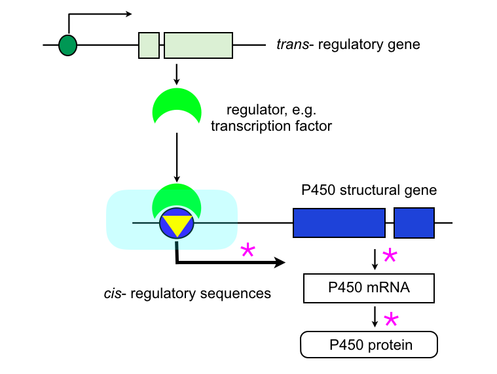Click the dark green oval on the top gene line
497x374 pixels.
(67, 45)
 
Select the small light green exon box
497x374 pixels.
(149, 45)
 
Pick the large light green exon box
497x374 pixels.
(198, 45)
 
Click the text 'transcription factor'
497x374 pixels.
(271, 125)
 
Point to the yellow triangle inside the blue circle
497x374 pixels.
(176, 224)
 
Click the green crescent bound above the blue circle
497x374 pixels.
(176, 201)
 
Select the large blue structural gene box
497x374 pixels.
(339, 223)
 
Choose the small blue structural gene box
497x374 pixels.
(414, 223)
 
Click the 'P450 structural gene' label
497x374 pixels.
(369, 190)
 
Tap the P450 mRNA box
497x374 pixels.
(369, 288)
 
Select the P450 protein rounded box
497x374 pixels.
(369, 345)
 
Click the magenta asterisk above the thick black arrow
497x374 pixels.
(248, 251)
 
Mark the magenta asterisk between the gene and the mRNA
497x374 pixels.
(390, 256)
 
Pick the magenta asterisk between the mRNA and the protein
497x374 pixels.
(391, 320)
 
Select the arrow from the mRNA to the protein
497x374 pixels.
(375, 318)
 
